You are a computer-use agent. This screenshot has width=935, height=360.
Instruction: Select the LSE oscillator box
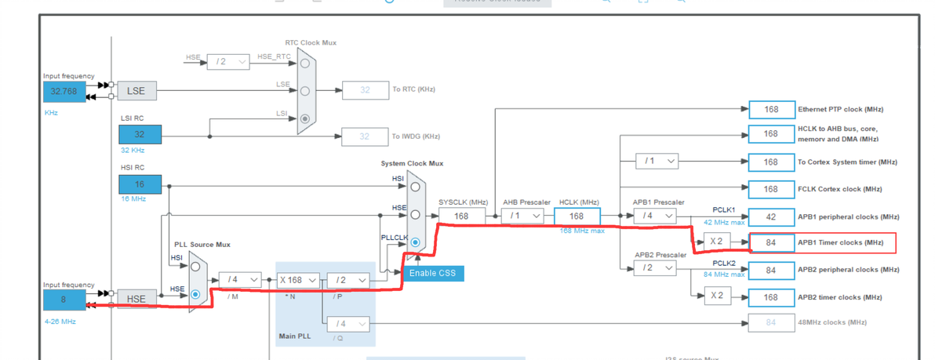click(136, 92)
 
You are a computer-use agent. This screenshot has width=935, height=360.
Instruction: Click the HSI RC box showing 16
click(140, 184)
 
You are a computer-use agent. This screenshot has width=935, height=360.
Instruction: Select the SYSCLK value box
click(460, 216)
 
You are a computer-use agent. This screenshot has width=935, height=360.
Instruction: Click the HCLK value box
click(577, 216)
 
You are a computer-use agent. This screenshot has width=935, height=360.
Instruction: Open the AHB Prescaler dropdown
click(523, 216)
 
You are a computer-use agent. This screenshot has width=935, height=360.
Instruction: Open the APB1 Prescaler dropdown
click(656, 216)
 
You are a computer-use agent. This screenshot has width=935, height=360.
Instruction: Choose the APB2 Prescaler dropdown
click(656, 268)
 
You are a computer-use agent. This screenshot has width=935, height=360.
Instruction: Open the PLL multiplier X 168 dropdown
click(298, 280)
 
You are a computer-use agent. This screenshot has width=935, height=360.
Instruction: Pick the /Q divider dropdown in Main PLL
click(348, 323)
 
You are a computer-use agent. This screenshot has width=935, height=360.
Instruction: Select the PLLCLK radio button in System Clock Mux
click(415, 242)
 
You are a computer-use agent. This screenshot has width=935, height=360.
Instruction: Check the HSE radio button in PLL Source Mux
click(195, 295)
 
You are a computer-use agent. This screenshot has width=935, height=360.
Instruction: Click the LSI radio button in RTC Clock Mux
click(304, 118)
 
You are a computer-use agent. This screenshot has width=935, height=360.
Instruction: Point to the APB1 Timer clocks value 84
click(770, 243)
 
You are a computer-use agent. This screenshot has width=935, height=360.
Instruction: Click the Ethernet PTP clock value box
click(770, 109)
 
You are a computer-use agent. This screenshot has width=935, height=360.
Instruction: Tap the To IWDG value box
click(365, 136)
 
